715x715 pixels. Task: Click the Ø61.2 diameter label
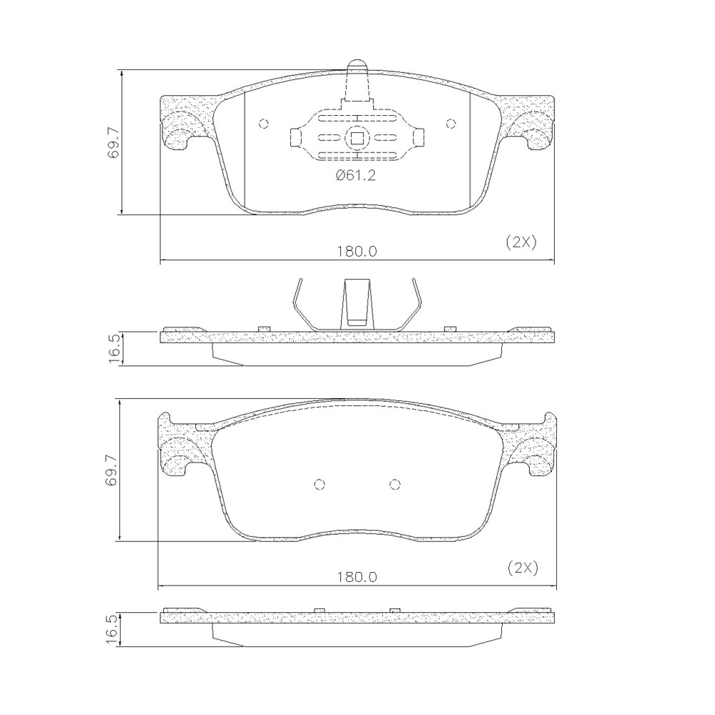355,175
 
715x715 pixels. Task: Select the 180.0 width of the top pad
357,251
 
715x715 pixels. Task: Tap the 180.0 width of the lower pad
357,577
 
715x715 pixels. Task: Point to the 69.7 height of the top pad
113,143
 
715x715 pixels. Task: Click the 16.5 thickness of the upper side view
113,348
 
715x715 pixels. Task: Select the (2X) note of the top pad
522,242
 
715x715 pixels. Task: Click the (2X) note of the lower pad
523,568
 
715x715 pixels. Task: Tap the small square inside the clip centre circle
357,137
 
